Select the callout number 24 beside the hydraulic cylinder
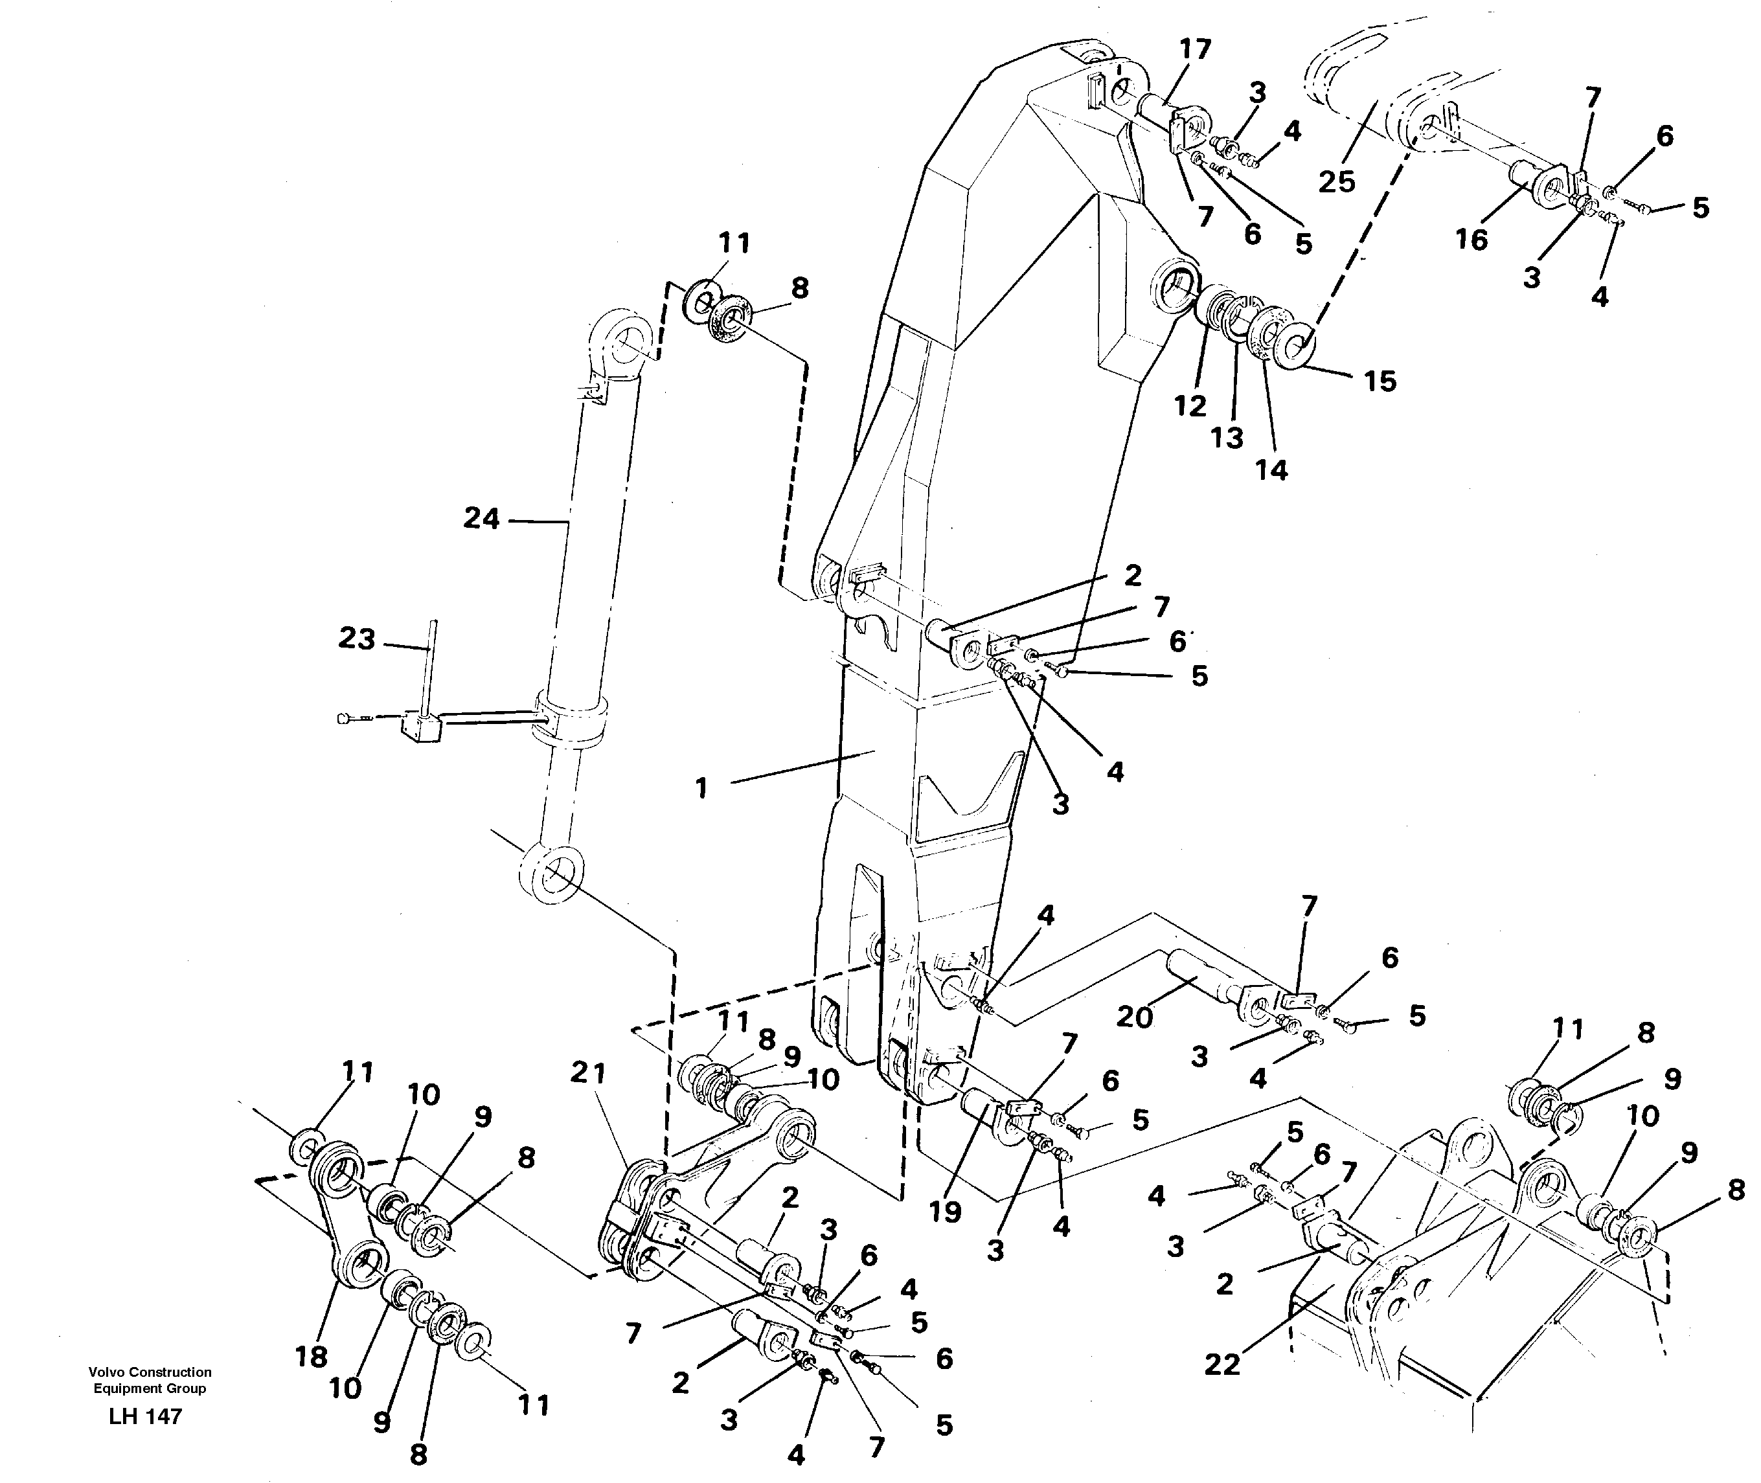click(x=482, y=519)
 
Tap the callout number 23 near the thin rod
click(x=356, y=639)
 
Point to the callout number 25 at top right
click(x=1337, y=181)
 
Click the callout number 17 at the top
click(x=1194, y=50)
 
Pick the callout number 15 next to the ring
click(x=1380, y=381)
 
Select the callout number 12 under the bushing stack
click(x=1190, y=407)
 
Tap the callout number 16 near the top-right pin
click(x=1472, y=240)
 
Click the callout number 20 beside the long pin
click(x=1135, y=1017)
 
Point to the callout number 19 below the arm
click(x=945, y=1212)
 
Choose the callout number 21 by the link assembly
click(x=587, y=1074)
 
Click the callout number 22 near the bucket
click(x=1222, y=1364)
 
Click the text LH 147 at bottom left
click(x=146, y=1416)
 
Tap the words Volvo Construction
click(x=150, y=1372)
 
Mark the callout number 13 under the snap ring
click(x=1227, y=438)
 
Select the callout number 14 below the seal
click(x=1272, y=470)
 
